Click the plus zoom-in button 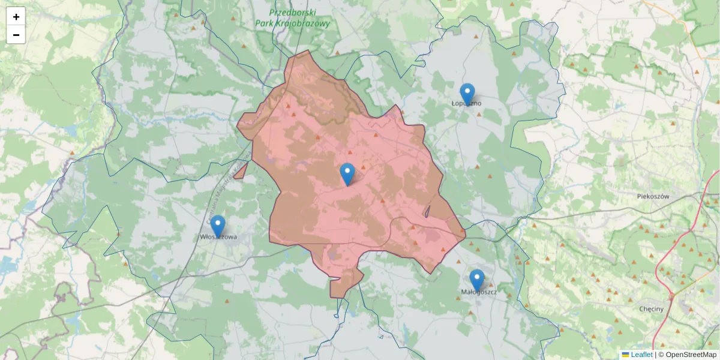click(16, 17)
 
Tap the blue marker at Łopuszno click(467, 94)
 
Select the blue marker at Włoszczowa click(218, 226)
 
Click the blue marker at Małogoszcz click(477, 280)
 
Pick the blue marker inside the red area click(347, 173)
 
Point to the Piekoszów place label click(653, 196)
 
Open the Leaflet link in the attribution click(641, 355)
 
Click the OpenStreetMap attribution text click(691, 355)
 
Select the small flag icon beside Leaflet click(625, 355)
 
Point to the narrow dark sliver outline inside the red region click(427, 211)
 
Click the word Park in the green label click(265, 24)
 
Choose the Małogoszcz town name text click(479, 292)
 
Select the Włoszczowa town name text click(218, 237)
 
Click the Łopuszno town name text click(466, 103)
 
